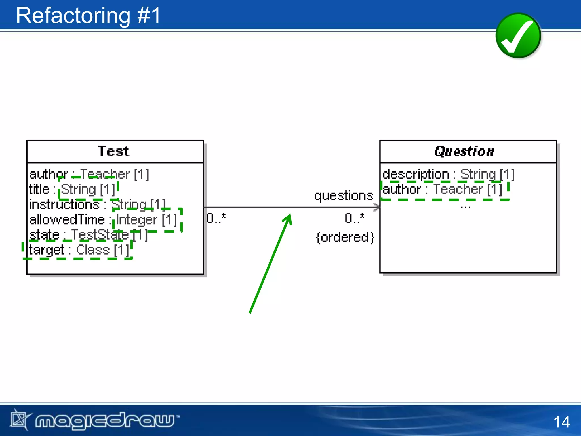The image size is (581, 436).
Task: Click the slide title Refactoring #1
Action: pos(88,16)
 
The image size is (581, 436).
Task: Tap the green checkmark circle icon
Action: pos(518,36)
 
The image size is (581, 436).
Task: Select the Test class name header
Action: pos(113,151)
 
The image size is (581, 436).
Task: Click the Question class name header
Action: pos(464,151)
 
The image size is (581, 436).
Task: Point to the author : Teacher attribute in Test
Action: pos(89,174)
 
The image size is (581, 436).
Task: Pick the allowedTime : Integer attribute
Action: pos(103,220)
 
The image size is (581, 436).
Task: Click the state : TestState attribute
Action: pos(89,235)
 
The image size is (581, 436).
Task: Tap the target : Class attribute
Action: pos(79,250)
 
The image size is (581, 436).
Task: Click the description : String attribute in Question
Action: pos(448,174)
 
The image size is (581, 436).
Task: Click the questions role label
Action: pos(344,196)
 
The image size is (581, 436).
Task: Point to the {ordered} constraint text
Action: pos(345,237)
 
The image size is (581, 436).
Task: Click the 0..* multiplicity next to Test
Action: pos(216,218)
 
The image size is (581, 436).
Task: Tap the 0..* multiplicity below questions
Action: pos(354,218)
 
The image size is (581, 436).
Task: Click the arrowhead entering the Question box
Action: pos(377,207)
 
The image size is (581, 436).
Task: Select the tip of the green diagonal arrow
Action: pos(290,215)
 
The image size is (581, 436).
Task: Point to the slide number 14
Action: pos(561,422)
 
